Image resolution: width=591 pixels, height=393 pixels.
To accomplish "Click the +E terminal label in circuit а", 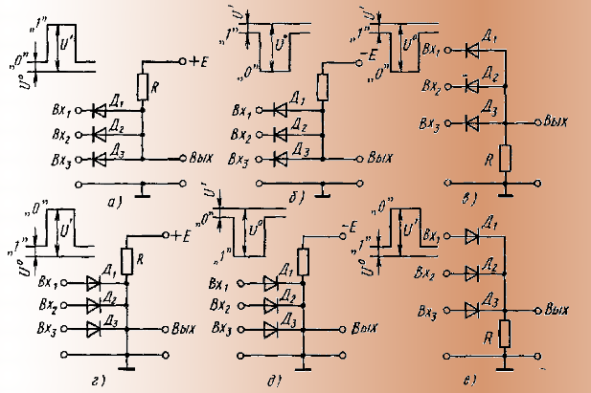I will (x=199, y=61).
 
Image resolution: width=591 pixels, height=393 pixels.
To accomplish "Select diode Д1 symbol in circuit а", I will (x=99, y=111).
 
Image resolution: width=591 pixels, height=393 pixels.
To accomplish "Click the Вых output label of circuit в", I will (x=557, y=122).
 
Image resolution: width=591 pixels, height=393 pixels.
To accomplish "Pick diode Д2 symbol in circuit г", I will (x=93, y=306).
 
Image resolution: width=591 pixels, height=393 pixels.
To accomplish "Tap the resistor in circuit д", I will (x=305, y=261).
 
